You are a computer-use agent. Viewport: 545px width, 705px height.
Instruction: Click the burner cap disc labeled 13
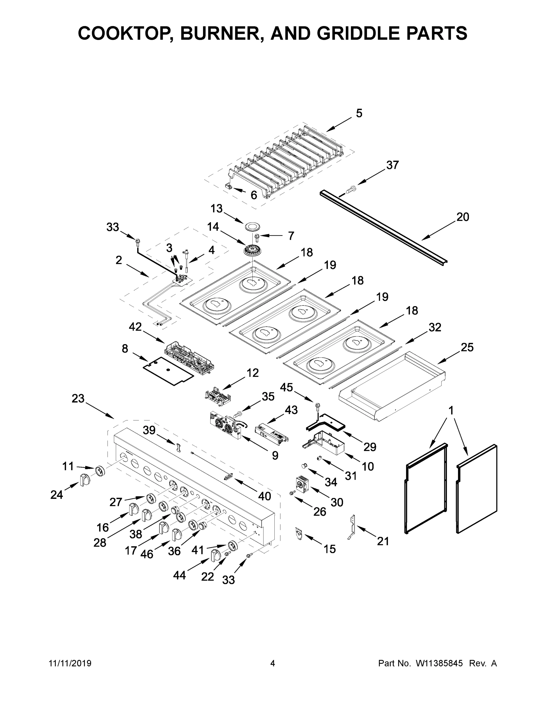tap(253, 226)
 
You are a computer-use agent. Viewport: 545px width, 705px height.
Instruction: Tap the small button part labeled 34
tap(304, 465)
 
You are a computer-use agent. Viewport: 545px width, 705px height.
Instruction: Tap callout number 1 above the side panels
tap(451, 411)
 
